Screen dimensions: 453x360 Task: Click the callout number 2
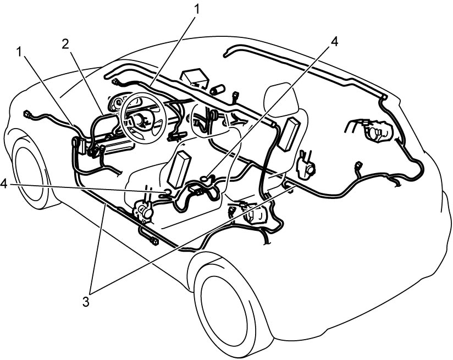coord(65,44)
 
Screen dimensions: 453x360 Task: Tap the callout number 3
coord(86,302)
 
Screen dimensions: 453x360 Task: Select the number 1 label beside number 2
coord(20,52)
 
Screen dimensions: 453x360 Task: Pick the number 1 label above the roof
coord(196,9)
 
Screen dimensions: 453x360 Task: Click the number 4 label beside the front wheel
coord(4,184)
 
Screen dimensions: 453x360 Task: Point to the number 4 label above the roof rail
coord(334,42)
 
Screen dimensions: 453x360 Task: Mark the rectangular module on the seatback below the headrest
coord(288,134)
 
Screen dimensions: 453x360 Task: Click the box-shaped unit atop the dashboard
coord(194,77)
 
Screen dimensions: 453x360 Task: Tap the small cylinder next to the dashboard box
coord(219,89)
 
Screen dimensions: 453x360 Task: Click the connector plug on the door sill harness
coord(154,240)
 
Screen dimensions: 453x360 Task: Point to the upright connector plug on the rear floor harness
coord(358,166)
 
